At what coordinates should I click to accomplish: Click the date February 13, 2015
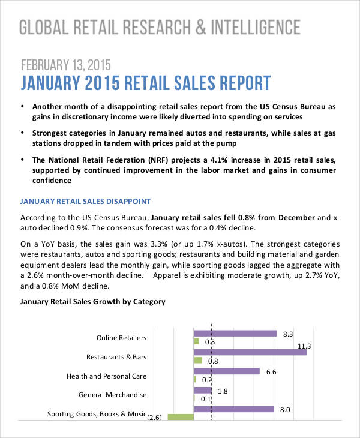66,64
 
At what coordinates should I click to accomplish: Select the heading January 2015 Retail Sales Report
146,83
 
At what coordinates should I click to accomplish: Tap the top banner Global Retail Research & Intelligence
160,27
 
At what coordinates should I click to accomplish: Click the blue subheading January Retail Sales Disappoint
85,201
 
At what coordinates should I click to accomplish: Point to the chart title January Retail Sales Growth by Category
92,302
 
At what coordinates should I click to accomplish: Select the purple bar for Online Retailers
235,334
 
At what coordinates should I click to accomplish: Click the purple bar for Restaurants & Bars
250,352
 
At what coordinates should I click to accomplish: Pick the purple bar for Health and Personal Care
226,371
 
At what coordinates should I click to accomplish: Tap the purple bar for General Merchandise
202,391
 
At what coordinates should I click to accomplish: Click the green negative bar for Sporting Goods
181,417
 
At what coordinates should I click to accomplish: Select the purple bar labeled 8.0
233,410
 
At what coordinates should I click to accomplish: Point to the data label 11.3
304,346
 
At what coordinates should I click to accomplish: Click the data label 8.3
287,334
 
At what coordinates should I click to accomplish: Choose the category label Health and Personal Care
106,377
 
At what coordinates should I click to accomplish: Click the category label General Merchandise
112,395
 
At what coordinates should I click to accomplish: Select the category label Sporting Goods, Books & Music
97,414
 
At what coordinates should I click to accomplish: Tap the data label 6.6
271,372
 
